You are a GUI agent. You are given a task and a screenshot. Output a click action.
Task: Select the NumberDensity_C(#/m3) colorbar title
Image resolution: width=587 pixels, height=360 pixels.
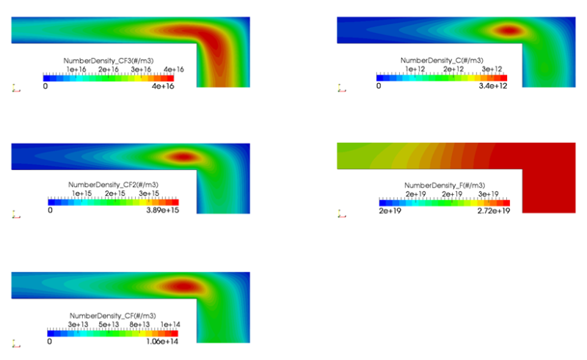point(442,60)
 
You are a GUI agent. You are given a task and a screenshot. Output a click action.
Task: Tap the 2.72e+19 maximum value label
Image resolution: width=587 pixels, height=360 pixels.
point(492,210)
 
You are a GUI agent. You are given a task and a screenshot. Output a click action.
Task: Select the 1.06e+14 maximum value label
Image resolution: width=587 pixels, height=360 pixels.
point(160,341)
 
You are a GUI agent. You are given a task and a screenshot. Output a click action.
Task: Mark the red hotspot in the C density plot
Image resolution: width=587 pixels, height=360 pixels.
point(508,31)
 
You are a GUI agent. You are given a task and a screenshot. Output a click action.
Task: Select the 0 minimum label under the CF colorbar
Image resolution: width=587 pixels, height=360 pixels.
point(50,341)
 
